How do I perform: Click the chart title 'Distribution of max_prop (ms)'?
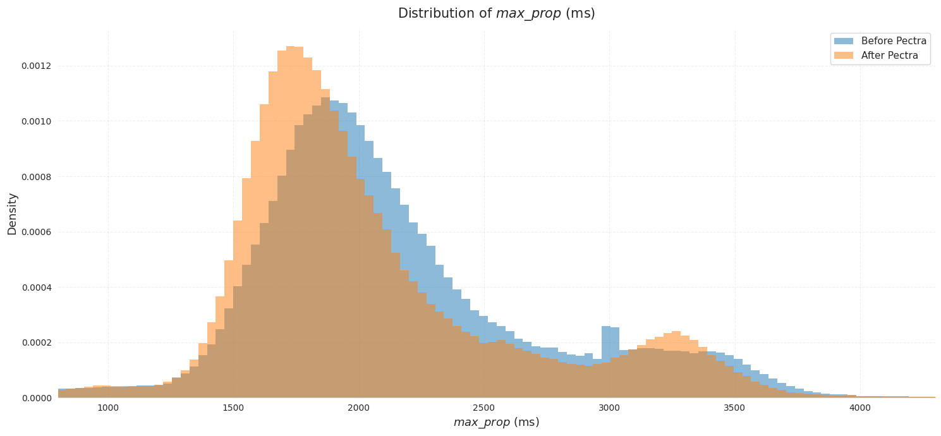pyautogui.click(x=496, y=13)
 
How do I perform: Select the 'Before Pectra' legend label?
pyautogui.click(x=894, y=41)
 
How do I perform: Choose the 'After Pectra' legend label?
pyautogui.click(x=889, y=56)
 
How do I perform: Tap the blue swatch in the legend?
pyautogui.click(x=843, y=41)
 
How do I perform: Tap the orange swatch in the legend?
pyautogui.click(x=843, y=56)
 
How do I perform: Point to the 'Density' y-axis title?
pyautogui.click(x=12, y=214)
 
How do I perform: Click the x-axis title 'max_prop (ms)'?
pyautogui.click(x=496, y=422)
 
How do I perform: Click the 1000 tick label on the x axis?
pyautogui.click(x=108, y=408)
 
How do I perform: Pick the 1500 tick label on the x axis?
pyautogui.click(x=233, y=408)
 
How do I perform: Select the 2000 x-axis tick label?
pyautogui.click(x=358, y=408)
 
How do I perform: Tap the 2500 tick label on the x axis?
pyautogui.click(x=484, y=408)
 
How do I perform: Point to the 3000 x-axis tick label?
pyautogui.click(x=609, y=408)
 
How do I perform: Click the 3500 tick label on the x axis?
pyautogui.click(x=734, y=408)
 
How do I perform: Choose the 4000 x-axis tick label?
pyautogui.click(x=859, y=408)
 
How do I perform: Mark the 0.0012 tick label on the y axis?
pyautogui.click(x=36, y=66)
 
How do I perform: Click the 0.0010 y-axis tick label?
pyautogui.click(x=36, y=121)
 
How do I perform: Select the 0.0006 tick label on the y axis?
pyautogui.click(x=36, y=232)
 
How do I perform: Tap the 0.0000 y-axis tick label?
pyautogui.click(x=36, y=398)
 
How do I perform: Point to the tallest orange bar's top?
pyautogui.click(x=291, y=47)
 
